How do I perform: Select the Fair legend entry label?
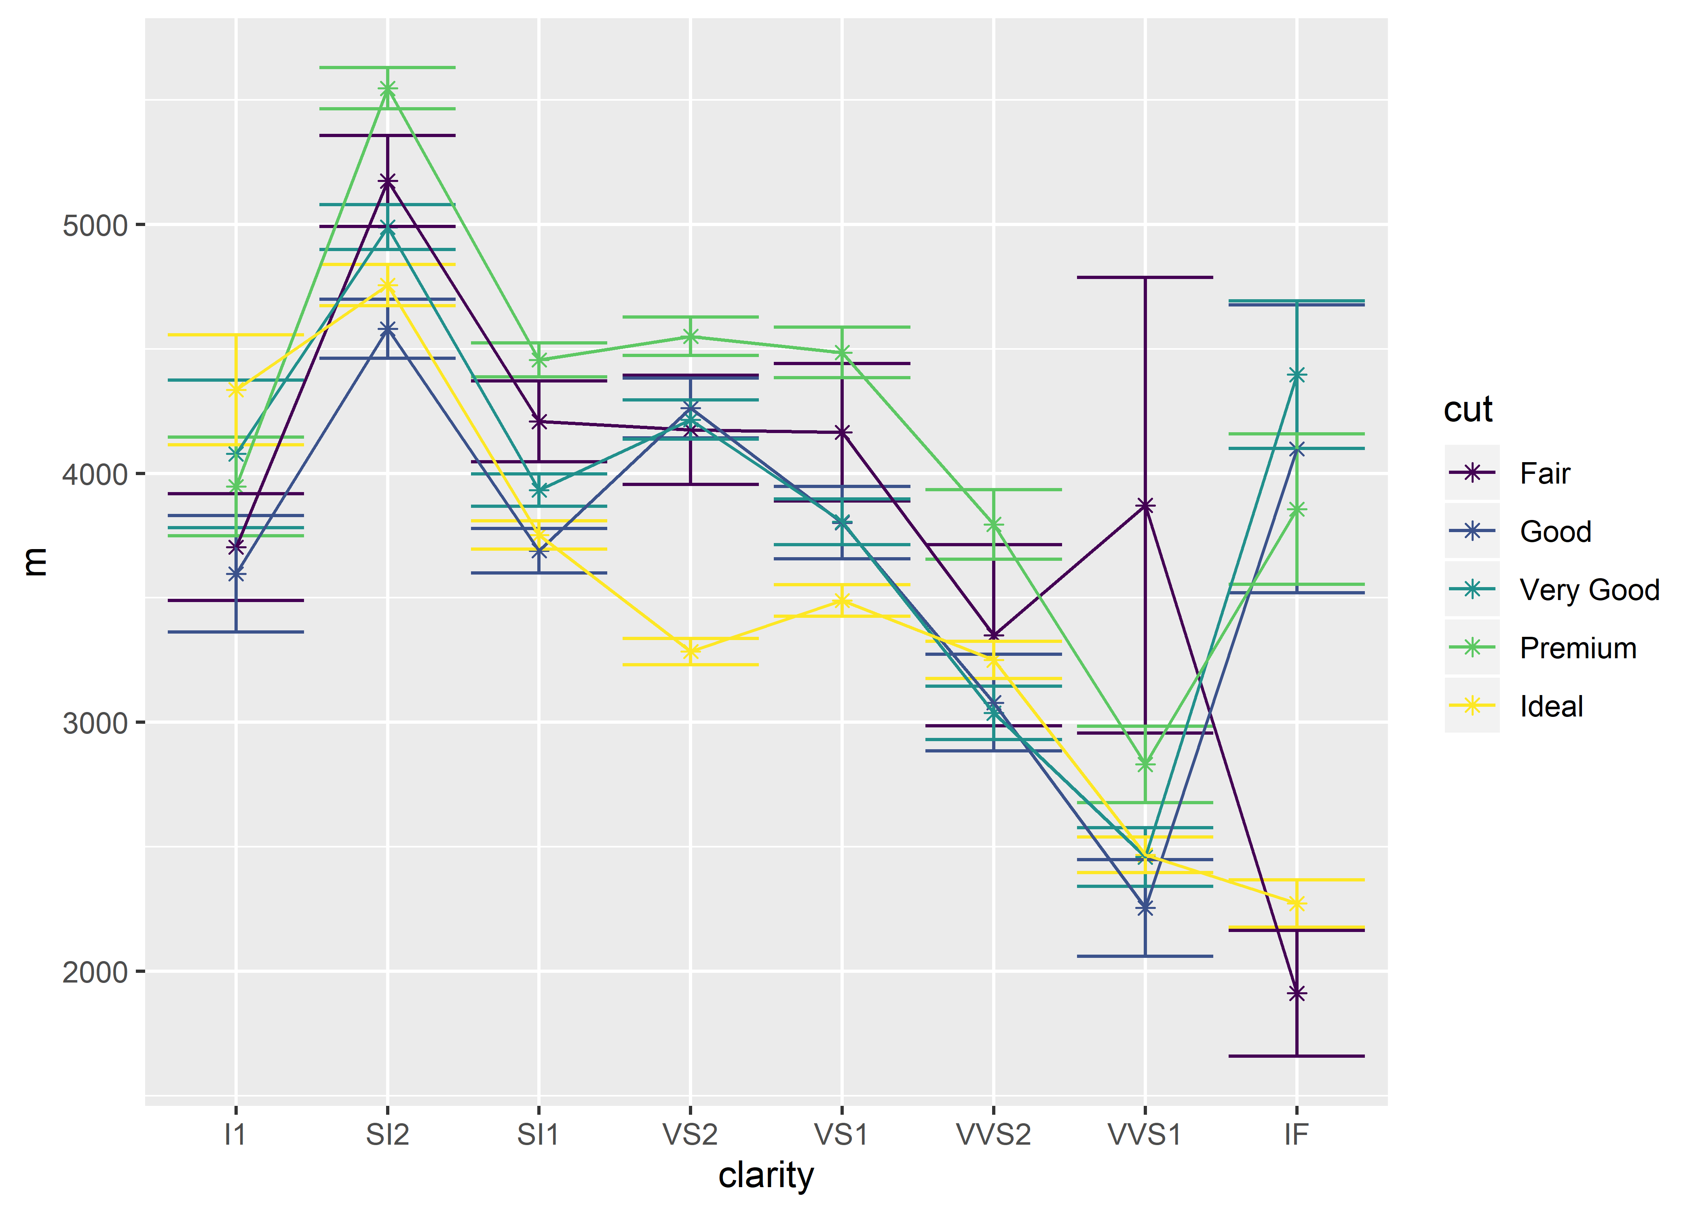click(1544, 473)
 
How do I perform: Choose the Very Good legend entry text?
click(1589, 590)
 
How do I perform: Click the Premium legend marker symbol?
click(1472, 648)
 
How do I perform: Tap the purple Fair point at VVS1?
click(1145, 506)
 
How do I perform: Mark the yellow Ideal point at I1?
click(236, 389)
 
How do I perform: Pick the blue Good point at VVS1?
click(1145, 907)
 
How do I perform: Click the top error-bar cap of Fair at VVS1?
click(1145, 277)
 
